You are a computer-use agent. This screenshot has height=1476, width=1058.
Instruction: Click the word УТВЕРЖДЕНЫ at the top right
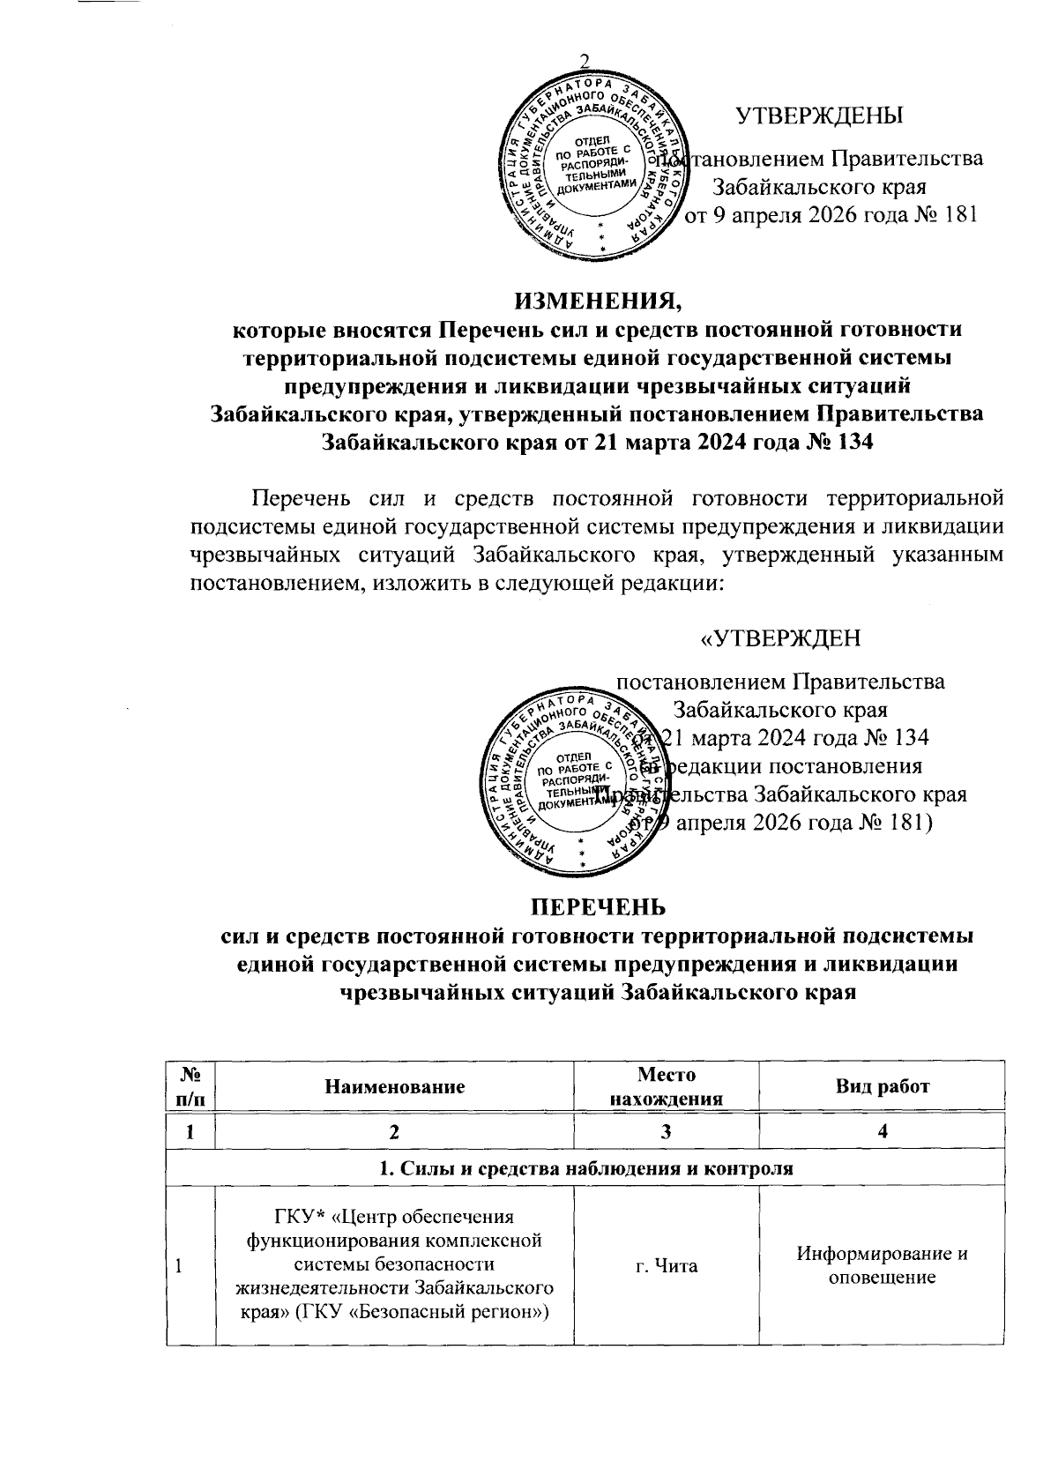[819, 116]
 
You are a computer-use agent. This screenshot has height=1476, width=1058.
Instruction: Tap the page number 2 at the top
[583, 60]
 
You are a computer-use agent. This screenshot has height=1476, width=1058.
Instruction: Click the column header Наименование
[395, 1087]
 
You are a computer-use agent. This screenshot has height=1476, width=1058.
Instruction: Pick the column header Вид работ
[882, 1087]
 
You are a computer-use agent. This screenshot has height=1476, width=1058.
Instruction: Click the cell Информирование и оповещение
[882, 1265]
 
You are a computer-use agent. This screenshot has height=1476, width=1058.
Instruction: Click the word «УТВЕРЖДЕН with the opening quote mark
[779, 638]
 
